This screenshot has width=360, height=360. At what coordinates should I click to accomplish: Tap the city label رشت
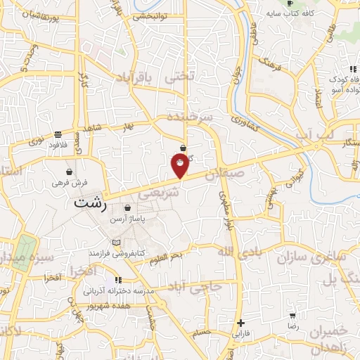tap(91, 203)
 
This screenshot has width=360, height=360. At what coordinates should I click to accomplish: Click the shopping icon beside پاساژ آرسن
tap(127, 208)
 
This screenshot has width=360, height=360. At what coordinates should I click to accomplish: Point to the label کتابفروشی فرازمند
tap(134, 250)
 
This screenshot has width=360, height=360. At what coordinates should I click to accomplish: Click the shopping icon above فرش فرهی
tap(70, 172)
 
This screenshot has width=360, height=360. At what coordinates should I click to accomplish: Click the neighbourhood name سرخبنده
tap(189, 118)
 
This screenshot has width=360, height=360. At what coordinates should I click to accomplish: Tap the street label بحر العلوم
tap(169, 261)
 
